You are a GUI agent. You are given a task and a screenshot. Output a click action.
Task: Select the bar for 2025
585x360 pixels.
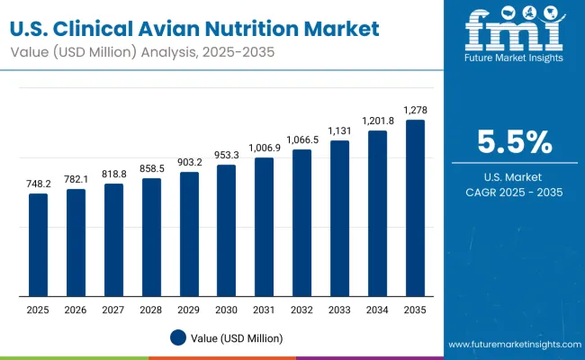pyautogui.click(x=38, y=245)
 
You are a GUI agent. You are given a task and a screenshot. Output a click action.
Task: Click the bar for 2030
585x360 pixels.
pyautogui.click(x=226, y=230)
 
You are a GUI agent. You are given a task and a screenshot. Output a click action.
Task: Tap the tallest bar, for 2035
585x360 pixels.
pyautogui.click(x=414, y=208)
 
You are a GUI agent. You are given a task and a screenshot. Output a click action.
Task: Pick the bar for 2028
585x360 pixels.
pyautogui.click(x=151, y=237)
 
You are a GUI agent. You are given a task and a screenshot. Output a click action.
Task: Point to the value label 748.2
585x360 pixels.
pyautogui.click(x=38, y=183)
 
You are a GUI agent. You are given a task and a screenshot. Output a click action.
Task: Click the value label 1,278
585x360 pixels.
pyautogui.click(x=414, y=110)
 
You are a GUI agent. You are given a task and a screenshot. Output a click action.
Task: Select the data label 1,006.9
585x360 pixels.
pyautogui.click(x=264, y=147)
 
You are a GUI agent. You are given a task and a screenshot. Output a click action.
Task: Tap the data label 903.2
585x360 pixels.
pyautogui.click(x=189, y=161)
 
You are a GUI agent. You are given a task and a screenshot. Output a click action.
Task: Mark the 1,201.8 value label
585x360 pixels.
pyautogui.click(x=377, y=120)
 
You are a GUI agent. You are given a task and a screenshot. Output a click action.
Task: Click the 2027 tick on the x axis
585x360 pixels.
pyautogui.click(x=113, y=310)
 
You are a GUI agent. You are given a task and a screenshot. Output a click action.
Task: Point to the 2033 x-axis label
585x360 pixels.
pyautogui.click(x=339, y=310)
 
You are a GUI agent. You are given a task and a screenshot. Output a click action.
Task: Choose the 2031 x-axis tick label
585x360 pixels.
pyautogui.click(x=264, y=310)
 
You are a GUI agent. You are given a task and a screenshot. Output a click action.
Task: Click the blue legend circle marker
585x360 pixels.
pyautogui.click(x=177, y=337)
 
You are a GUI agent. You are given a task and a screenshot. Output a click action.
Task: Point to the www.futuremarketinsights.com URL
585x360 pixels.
pyautogui.click(x=511, y=345)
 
